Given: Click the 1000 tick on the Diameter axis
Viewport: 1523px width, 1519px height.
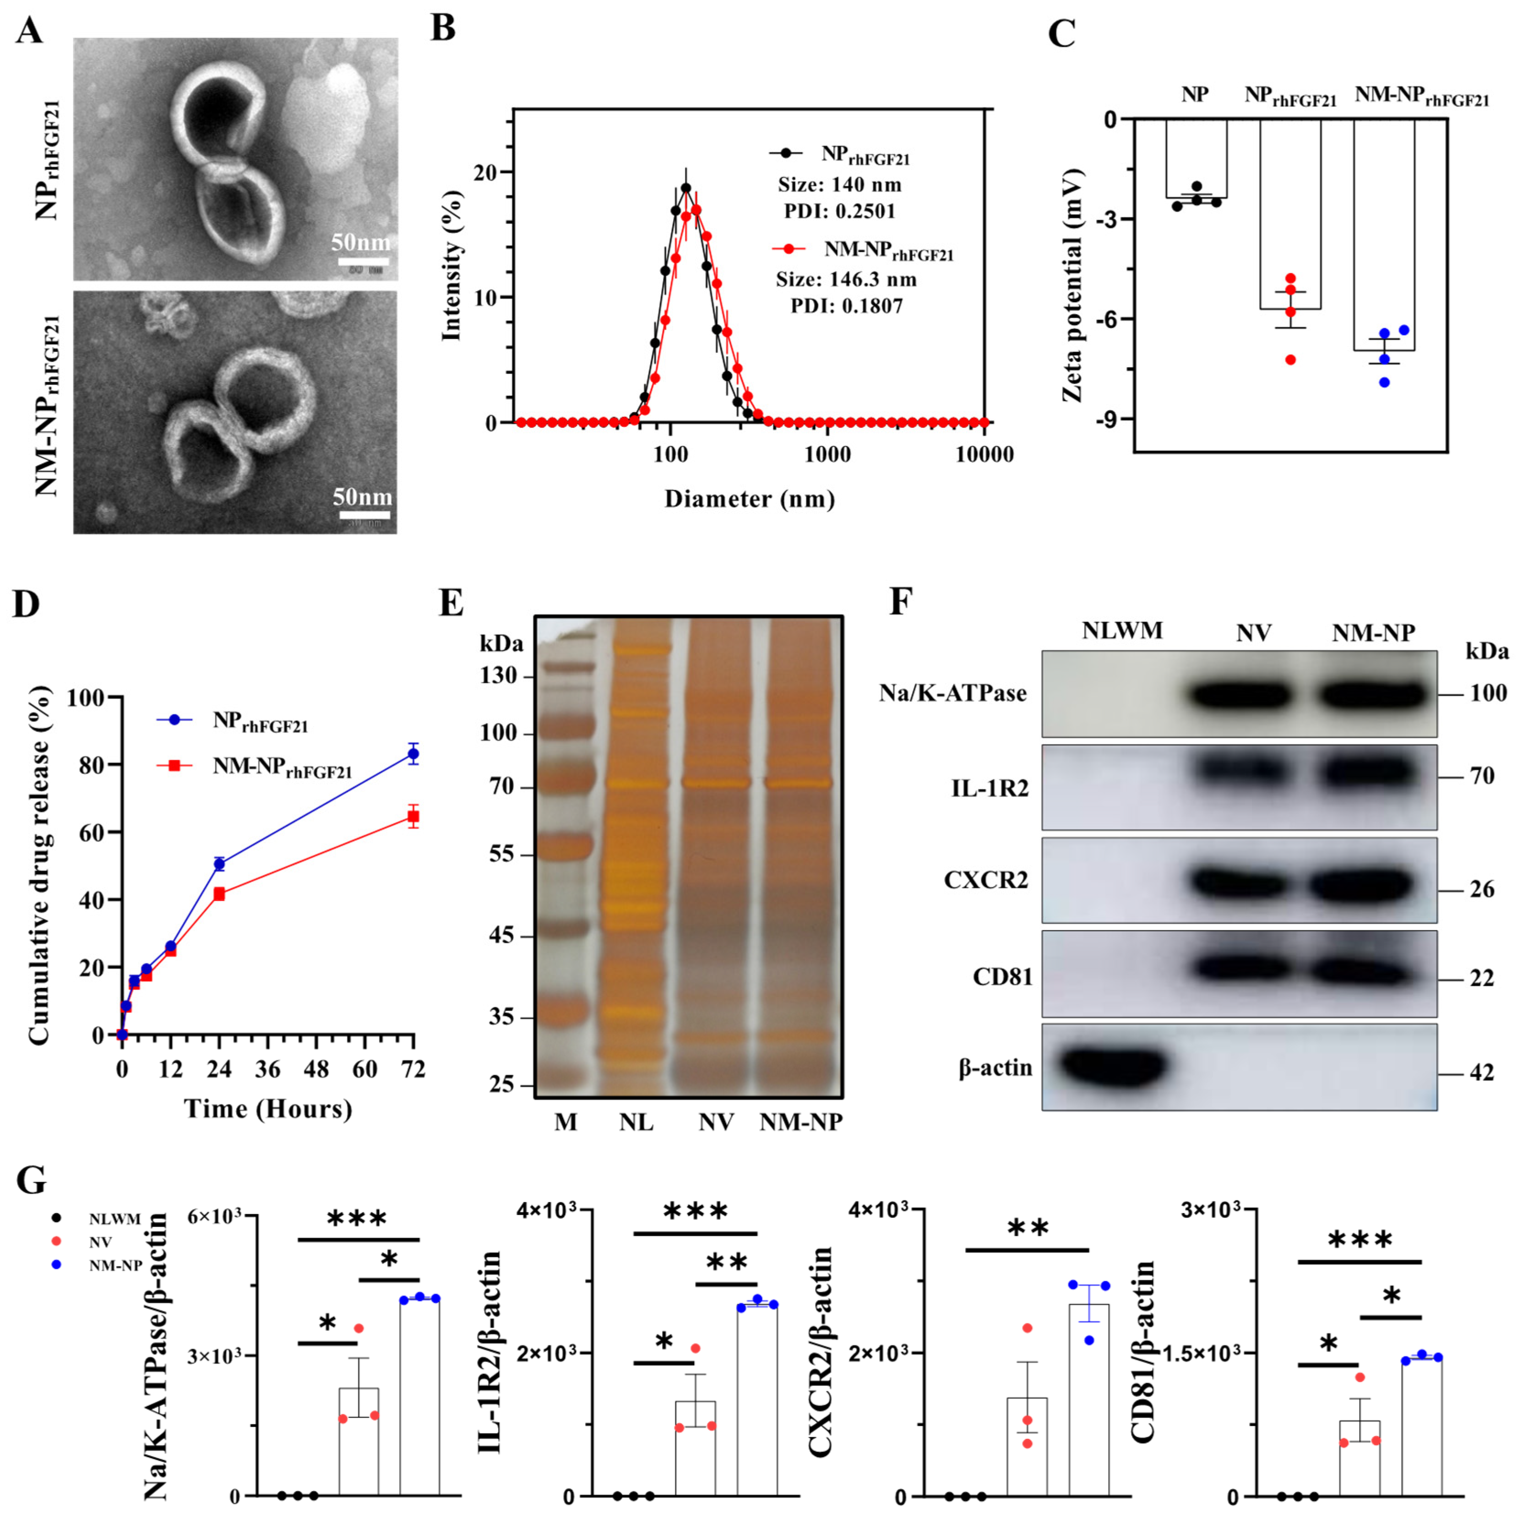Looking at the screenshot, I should (827, 455).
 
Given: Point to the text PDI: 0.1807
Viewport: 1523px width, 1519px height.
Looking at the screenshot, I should (847, 306).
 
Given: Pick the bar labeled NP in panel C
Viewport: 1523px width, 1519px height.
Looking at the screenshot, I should (1196, 158).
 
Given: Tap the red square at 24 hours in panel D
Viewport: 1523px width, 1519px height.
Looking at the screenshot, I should (219, 894).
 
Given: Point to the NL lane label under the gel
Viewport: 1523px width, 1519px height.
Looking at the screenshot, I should (636, 1122).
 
